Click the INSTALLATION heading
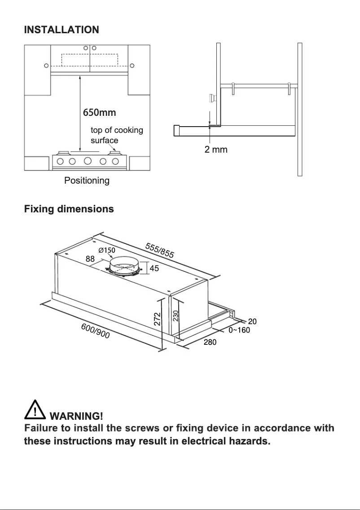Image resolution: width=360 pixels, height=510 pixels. pos(61,30)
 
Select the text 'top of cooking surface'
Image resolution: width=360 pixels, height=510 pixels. pos(117,135)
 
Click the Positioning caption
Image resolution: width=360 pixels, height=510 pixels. pos(87,181)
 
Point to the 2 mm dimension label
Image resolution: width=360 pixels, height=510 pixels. pos(216,149)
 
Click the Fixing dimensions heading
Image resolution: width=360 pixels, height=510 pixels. pos(69,209)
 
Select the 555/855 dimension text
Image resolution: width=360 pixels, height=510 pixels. pos(159,250)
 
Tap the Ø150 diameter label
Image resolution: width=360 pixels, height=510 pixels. pos(107,250)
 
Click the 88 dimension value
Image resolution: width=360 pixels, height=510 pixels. pos(90,259)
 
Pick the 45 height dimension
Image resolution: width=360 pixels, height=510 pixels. pos(154,268)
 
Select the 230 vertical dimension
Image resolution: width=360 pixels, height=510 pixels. pos(176,316)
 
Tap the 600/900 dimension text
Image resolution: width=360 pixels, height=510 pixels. pos(95,331)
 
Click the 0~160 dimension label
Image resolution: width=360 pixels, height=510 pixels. pos(239,330)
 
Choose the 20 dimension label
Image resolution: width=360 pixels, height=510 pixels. pos(252,321)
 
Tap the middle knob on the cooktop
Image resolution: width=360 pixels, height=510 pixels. pos(88,161)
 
